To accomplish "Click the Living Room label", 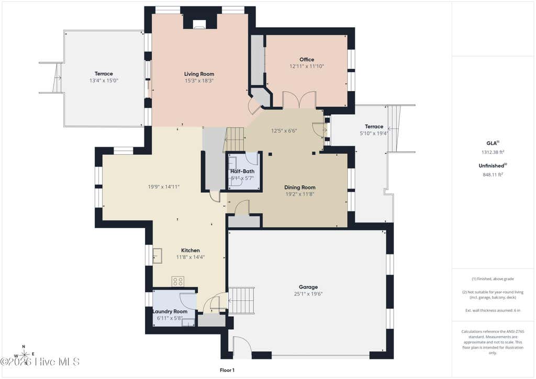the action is (199, 74).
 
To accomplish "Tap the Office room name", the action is (307, 60).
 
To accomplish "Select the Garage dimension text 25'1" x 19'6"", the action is (308, 294).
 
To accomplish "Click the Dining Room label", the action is (300, 187).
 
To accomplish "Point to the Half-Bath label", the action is (242, 171).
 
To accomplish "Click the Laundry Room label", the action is (170, 311).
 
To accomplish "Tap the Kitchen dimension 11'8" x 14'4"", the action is (191, 257).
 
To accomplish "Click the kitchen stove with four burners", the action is (178, 281).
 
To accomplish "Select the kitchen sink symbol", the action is (157, 255).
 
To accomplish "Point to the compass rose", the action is (24, 355).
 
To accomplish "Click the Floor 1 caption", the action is (227, 370).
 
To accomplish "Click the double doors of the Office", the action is (299, 100).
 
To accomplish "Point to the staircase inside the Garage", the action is (241, 300).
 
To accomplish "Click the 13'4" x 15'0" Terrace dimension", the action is (104, 80).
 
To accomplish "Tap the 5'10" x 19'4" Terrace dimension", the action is (374, 133).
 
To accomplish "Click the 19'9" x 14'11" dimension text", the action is (164, 186).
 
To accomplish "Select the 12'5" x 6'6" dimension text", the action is (284, 130).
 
